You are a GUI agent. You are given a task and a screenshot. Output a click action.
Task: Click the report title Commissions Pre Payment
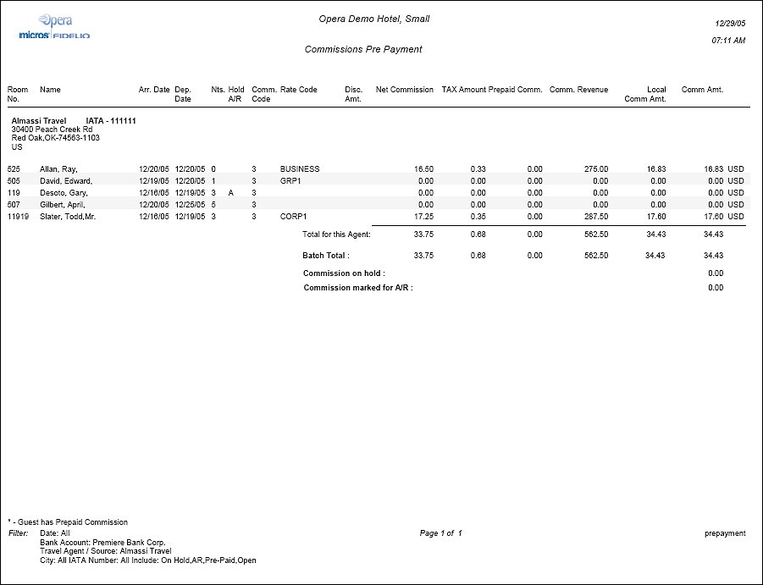click(x=362, y=49)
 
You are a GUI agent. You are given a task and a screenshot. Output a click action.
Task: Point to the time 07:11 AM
click(x=728, y=40)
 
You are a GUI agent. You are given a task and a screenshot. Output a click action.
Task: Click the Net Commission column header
click(x=404, y=90)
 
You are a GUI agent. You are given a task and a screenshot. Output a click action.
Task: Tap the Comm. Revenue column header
click(x=578, y=90)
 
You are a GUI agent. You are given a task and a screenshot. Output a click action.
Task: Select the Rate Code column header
click(x=298, y=90)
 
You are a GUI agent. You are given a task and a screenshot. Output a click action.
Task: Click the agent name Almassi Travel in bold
click(x=39, y=121)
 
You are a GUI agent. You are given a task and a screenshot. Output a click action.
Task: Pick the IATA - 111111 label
click(x=111, y=121)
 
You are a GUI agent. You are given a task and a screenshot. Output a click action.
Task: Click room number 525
click(x=14, y=169)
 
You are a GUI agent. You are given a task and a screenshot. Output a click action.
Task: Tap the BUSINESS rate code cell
click(x=300, y=169)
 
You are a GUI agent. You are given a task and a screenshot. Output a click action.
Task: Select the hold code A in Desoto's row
click(x=230, y=193)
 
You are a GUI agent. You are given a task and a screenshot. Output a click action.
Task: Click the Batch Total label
click(x=326, y=256)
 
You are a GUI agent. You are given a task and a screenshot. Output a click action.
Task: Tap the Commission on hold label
click(x=344, y=273)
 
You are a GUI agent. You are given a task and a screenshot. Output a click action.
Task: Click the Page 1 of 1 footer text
click(x=440, y=533)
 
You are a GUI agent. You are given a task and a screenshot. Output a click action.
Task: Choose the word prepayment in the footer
click(x=725, y=533)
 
